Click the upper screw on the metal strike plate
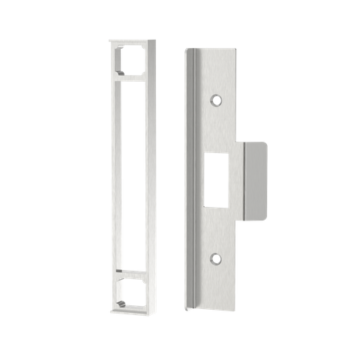coord(216,99)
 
